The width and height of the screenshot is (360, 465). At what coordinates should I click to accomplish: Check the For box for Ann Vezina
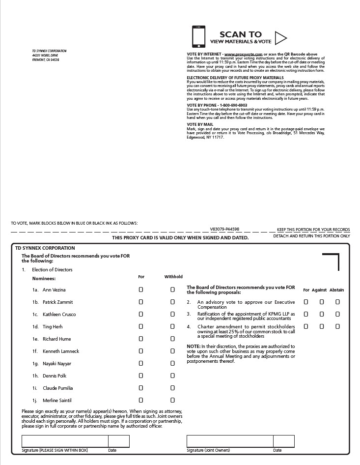[x=141, y=290]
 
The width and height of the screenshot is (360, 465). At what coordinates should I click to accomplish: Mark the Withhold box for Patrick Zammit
[x=172, y=302]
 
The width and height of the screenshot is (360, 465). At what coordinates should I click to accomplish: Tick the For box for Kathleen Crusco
[x=141, y=314]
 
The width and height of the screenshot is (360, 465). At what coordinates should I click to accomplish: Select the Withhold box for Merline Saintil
[x=172, y=400]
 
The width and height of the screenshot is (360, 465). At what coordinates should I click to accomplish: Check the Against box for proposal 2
[x=322, y=302]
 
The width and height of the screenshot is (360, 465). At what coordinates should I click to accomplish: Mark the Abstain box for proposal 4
[x=337, y=326]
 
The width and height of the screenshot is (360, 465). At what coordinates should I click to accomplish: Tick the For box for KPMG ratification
[x=306, y=314]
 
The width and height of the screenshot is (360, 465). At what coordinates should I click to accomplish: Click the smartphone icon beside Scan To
[x=198, y=36]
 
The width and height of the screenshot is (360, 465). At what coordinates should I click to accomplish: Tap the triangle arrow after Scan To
[x=280, y=37]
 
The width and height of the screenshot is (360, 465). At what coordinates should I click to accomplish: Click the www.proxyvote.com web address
[x=240, y=54]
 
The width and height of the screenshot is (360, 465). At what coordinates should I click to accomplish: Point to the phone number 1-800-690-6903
[x=233, y=105]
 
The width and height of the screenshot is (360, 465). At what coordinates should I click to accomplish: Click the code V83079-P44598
[x=224, y=229]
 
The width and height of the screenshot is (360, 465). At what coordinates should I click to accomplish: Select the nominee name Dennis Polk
[x=54, y=376]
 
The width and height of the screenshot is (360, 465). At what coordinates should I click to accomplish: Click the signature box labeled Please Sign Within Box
[x=64, y=441]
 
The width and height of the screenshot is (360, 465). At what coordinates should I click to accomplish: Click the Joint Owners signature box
[x=229, y=441]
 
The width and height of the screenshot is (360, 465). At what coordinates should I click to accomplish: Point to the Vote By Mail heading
[x=200, y=124]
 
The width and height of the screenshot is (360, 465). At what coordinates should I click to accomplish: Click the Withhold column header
[x=173, y=277]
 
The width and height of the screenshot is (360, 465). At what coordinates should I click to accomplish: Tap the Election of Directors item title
[x=52, y=270]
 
